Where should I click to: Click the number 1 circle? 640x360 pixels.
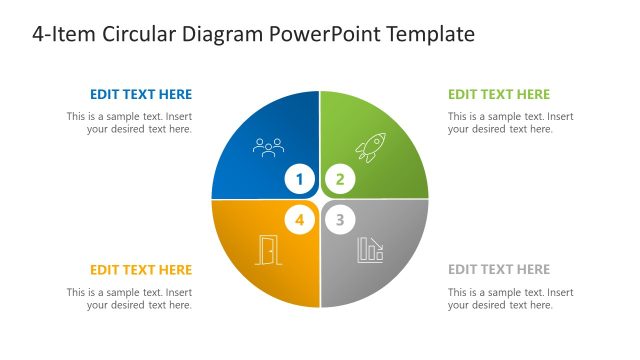click(x=299, y=180)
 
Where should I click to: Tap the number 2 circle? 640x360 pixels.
click(x=340, y=180)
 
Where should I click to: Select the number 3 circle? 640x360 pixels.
click(x=340, y=220)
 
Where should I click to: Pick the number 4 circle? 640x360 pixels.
click(x=299, y=220)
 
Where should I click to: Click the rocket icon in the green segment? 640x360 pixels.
click(x=370, y=149)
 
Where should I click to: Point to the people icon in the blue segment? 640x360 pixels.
click(x=269, y=148)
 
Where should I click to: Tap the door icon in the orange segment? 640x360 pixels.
click(x=268, y=250)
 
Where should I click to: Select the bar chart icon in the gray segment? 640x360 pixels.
click(x=370, y=250)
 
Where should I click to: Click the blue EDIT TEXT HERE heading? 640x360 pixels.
click(x=141, y=95)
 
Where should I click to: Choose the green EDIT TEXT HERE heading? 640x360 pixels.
click(x=499, y=95)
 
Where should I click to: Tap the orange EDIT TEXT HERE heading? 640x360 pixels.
click(x=141, y=270)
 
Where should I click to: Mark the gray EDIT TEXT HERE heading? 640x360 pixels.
click(x=499, y=270)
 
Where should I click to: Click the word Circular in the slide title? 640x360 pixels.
click(x=137, y=35)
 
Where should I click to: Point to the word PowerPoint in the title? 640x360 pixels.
click(x=333, y=35)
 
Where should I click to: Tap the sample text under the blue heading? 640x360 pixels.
click(x=130, y=123)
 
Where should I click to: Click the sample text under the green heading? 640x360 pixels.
click(x=510, y=123)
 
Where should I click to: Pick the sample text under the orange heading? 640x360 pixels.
click(x=130, y=299)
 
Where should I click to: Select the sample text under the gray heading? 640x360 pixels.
click(x=510, y=299)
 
